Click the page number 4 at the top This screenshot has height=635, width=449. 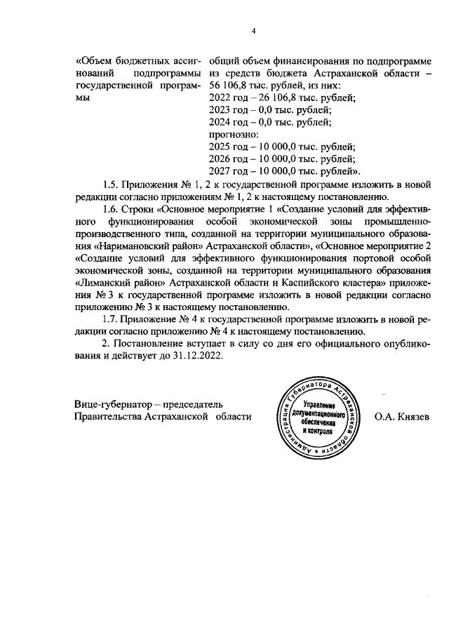point(255,31)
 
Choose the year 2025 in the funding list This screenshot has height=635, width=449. point(222,147)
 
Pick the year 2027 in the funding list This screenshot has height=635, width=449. point(222,171)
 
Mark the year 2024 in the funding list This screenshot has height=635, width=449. point(222,122)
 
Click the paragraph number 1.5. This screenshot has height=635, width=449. point(111,185)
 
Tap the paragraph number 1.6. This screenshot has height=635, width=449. point(111,209)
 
